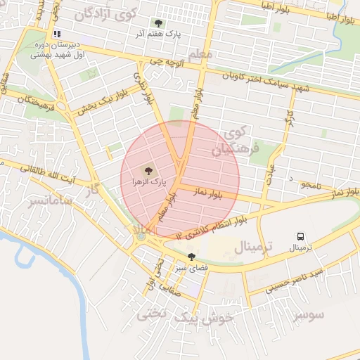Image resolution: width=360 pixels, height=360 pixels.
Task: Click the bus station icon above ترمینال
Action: click(x=301, y=237)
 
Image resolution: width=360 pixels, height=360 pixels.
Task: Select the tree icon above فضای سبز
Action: click(x=191, y=256)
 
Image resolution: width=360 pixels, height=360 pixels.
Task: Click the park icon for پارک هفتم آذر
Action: click(x=157, y=23)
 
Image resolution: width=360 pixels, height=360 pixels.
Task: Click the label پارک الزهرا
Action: click(x=148, y=181)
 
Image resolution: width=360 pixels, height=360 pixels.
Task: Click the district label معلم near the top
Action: click(x=200, y=54)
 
